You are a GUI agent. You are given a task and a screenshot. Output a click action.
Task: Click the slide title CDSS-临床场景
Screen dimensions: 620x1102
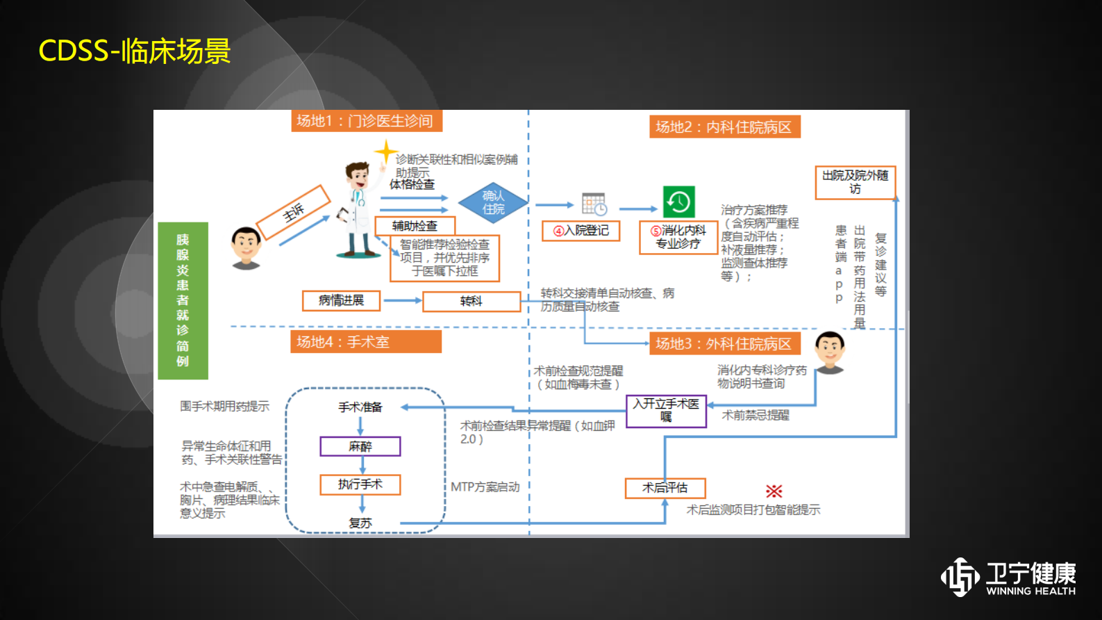pyautogui.click(x=134, y=51)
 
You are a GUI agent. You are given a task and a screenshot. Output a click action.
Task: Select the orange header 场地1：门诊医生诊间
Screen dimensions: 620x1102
pyautogui.click(x=366, y=121)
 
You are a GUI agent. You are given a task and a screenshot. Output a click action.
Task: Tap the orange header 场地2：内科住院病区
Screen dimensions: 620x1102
pyautogui.click(x=724, y=127)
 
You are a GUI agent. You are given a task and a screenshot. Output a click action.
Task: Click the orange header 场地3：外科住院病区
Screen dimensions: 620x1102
pyautogui.click(x=724, y=343)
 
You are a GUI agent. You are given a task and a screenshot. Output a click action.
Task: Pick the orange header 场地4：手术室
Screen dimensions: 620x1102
pyautogui.click(x=365, y=342)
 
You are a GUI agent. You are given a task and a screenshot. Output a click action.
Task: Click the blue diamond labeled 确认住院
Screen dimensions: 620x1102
pyautogui.click(x=493, y=202)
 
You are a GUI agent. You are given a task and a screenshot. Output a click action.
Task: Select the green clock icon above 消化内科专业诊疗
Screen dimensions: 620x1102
pyautogui.click(x=678, y=202)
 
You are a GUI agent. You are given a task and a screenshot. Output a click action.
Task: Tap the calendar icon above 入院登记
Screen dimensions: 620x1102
pyautogui.click(x=594, y=204)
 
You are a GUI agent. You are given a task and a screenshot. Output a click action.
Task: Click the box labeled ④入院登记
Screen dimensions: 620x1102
pyautogui.click(x=581, y=231)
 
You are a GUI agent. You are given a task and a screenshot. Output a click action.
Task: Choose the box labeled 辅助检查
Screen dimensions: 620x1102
pyautogui.click(x=415, y=226)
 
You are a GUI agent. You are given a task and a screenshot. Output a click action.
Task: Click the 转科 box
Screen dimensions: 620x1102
pyautogui.click(x=471, y=301)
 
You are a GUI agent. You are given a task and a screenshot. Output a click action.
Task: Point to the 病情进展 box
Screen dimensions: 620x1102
pyautogui.click(x=341, y=300)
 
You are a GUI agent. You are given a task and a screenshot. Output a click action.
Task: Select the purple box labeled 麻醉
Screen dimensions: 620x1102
pyautogui.click(x=360, y=446)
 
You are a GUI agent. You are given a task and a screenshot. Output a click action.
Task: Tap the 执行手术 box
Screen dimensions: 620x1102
pyautogui.click(x=360, y=484)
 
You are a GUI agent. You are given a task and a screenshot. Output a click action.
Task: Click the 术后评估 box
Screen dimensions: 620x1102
pyautogui.click(x=665, y=488)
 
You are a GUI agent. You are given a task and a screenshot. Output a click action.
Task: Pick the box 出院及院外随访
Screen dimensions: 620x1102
pyautogui.click(x=855, y=182)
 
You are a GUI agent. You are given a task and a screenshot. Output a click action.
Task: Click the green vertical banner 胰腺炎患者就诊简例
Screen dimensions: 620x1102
pyautogui.click(x=183, y=300)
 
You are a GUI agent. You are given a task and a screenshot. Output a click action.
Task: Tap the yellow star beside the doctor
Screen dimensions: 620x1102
pyautogui.click(x=385, y=152)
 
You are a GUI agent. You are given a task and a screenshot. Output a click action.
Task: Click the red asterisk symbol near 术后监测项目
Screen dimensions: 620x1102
pyautogui.click(x=774, y=491)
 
